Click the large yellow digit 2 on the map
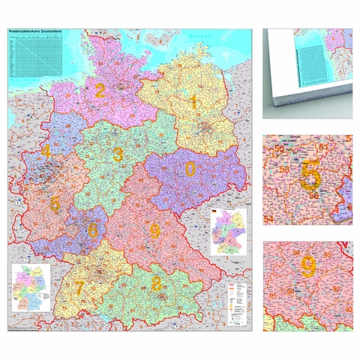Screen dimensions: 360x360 tap(100, 91)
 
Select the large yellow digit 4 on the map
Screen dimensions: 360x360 tap(46, 152)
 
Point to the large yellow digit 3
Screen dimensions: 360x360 tap(118, 155)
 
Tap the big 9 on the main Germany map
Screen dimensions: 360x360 tap(154, 232)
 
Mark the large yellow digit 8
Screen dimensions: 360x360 tap(156, 283)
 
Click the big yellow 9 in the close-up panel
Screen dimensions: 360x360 tap(308, 265)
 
